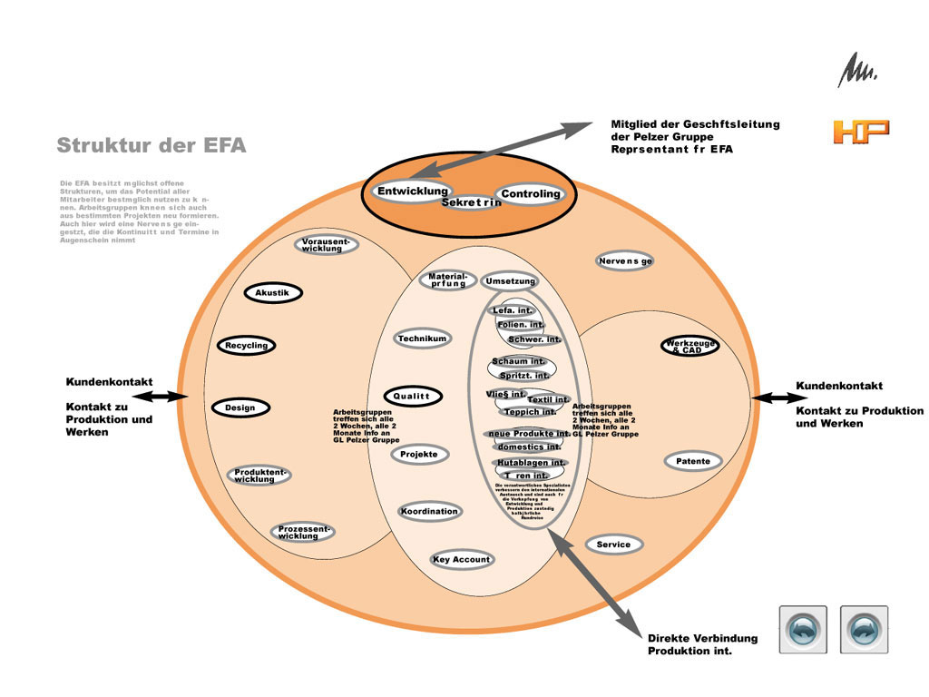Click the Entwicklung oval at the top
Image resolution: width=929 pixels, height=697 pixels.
(413, 191)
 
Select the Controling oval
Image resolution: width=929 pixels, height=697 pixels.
(532, 194)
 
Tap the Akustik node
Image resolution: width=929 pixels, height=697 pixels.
(272, 293)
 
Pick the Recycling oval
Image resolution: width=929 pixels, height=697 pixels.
(246, 346)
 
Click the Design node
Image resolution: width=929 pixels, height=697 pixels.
(240, 408)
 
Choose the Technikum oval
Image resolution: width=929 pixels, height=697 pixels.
(422, 339)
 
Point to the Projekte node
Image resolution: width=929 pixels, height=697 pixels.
(419, 455)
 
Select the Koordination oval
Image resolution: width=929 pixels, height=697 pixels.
(429, 512)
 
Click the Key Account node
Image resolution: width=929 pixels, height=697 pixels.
(462, 560)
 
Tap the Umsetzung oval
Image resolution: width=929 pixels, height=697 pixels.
(511, 281)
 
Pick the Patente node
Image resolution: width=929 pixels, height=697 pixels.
(693, 462)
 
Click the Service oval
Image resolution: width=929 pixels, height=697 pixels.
(614, 545)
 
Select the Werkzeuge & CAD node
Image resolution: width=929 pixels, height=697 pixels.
(689, 347)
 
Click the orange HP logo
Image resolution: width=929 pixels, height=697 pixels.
(860, 132)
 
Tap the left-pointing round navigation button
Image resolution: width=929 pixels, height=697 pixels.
(803, 629)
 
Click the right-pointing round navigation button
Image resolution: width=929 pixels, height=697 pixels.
(864, 629)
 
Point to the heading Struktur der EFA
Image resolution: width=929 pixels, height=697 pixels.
(151, 145)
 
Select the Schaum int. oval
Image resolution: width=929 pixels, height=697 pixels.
(518, 361)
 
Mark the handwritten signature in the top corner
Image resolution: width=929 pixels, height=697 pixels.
(856, 70)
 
